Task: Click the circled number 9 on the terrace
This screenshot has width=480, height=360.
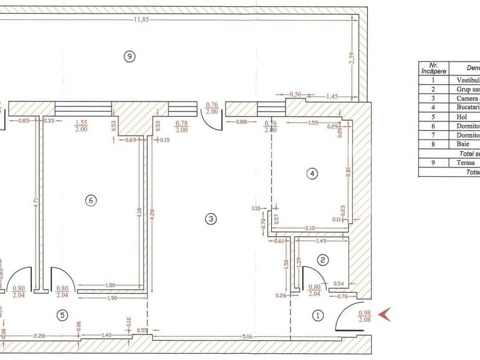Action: pyautogui.click(x=129, y=57)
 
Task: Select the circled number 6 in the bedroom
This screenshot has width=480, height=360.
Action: pyautogui.click(x=91, y=201)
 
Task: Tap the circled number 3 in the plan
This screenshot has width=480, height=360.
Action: pyautogui.click(x=211, y=219)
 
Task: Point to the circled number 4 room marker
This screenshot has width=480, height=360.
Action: pyautogui.click(x=312, y=174)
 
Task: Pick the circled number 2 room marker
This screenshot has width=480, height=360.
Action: pyautogui.click(x=322, y=260)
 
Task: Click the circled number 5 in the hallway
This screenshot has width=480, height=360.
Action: pyautogui.click(x=62, y=315)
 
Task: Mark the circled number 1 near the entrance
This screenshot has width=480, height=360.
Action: pyautogui.click(x=318, y=315)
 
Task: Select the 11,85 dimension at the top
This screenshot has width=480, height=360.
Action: pyautogui.click(x=142, y=19)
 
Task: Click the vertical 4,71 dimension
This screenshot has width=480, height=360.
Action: pyautogui.click(x=37, y=201)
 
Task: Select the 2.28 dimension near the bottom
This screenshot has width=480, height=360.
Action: pyautogui.click(x=40, y=336)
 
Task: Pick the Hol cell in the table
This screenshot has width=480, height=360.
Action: pyautogui.click(x=464, y=116)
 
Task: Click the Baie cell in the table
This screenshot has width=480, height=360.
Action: pyautogui.click(x=465, y=144)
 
